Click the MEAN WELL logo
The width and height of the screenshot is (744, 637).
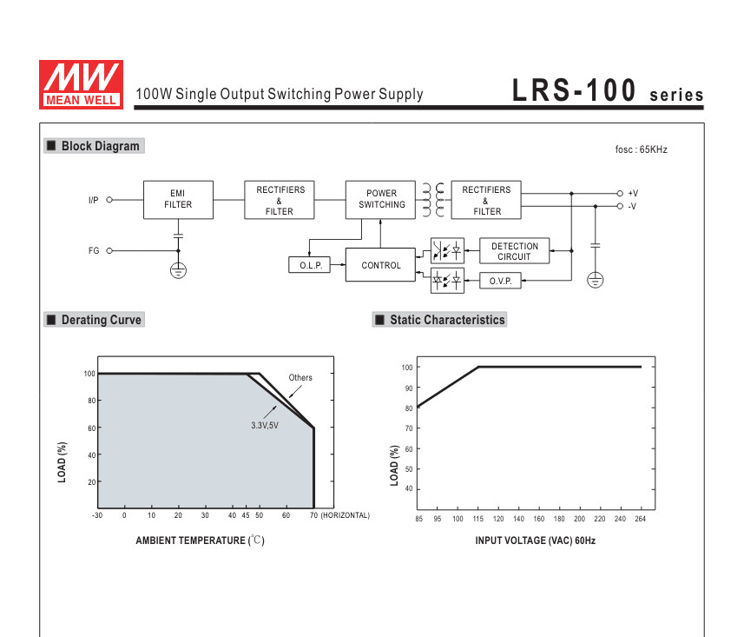coord(81,84)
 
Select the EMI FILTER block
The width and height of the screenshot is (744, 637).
coord(179,200)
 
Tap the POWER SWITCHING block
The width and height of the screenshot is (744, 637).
coord(380,200)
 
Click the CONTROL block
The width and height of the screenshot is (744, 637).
coord(380,264)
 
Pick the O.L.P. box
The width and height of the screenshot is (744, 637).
coord(310,265)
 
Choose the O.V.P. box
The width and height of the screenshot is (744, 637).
coord(501,281)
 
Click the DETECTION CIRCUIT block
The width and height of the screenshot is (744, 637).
coord(514,251)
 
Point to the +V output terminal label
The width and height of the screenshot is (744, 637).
coord(633,193)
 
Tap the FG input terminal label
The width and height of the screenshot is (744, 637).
coord(94,250)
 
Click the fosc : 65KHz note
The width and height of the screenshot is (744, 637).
coord(641,149)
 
